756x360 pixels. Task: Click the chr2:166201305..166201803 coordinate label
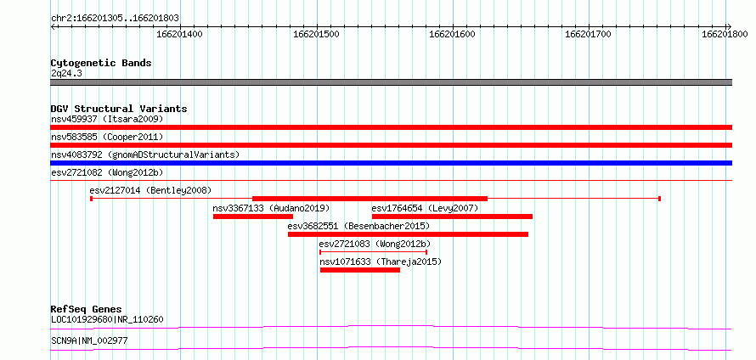[x=115, y=18]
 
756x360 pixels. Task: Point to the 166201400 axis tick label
[x=179, y=34]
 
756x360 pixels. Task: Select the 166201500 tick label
[x=316, y=34]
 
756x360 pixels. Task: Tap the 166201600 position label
[x=452, y=34]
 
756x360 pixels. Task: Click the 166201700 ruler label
[x=588, y=34]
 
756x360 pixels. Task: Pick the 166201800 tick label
[x=725, y=34]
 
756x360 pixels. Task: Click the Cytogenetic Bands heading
[x=101, y=63]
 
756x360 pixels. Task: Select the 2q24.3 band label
[x=67, y=73]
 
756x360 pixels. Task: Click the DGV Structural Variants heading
[x=119, y=109]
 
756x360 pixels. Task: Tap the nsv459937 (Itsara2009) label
[x=107, y=119]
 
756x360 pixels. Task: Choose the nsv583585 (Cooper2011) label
[x=107, y=137]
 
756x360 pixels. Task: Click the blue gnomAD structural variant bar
[x=391, y=163]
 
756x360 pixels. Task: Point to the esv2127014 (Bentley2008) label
[x=150, y=190]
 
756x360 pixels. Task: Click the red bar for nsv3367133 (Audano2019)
[x=253, y=217]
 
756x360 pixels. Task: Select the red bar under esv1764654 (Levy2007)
[x=452, y=217]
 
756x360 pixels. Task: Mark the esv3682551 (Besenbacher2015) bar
[x=408, y=234]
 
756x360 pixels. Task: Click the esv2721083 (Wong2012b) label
[x=375, y=244]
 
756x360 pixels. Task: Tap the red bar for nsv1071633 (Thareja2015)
[x=359, y=270]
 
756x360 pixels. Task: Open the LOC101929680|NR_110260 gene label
[x=107, y=319]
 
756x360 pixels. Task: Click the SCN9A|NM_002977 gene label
[x=89, y=340]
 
